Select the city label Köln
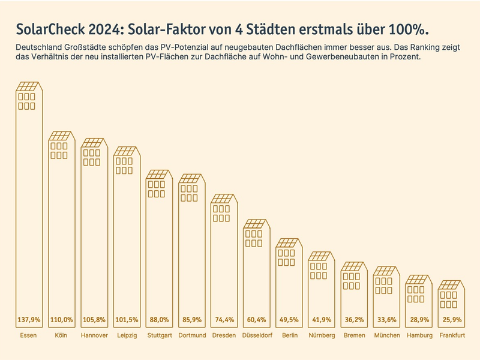(x=61, y=335)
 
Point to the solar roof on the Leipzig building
(x=127, y=151)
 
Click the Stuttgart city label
(x=159, y=335)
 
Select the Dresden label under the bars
(x=224, y=335)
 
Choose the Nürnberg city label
(x=322, y=335)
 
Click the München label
(x=386, y=335)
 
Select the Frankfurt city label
(x=451, y=335)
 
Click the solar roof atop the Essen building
(x=29, y=86)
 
